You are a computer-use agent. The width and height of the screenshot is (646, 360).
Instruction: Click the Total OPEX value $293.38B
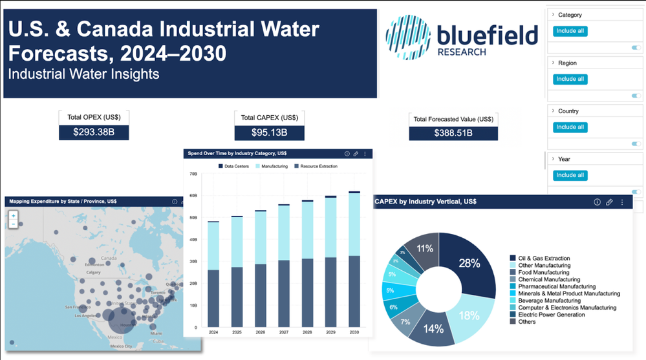(94, 132)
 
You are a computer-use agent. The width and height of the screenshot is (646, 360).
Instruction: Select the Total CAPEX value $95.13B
(269, 133)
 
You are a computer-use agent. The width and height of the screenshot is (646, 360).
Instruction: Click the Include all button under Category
(570, 31)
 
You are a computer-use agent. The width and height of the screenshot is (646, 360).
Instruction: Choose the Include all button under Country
(570, 127)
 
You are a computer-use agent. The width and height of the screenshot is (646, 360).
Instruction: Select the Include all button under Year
(570, 175)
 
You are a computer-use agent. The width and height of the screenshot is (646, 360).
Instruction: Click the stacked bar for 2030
(354, 259)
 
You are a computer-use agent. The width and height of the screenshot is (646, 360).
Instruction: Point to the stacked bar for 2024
(213, 275)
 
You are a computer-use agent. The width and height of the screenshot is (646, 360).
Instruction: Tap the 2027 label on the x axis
(283, 332)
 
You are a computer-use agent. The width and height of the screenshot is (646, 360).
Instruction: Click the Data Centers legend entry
(233, 166)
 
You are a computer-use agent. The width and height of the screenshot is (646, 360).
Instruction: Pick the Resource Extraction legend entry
(316, 166)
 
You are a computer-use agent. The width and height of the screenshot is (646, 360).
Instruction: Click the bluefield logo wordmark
(486, 36)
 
